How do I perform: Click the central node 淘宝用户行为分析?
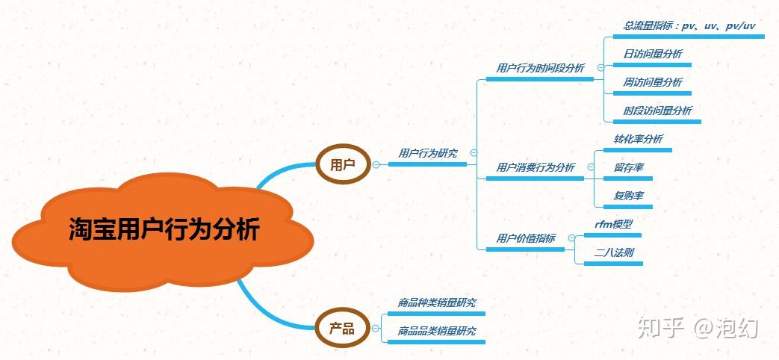(164, 229)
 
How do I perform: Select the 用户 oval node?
(343, 164)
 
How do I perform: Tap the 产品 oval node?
(343, 328)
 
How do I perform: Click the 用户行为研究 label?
(428, 153)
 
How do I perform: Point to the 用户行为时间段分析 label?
(540, 68)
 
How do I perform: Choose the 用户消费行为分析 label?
(536, 167)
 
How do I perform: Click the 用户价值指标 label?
(526, 238)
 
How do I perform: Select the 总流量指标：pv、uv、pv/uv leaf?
(689, 25)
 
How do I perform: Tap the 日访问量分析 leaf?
(653, 54)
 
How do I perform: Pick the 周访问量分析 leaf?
(653, 82)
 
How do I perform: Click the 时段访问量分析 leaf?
(657, 111)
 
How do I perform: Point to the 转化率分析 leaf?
(638, 139)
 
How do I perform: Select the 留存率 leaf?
(629, 167)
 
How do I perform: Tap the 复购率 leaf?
(629, 196)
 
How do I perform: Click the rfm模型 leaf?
(613, 224)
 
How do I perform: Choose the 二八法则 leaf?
(613, 252)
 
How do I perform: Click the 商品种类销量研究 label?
(437, 302)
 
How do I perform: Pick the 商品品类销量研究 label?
(437, 331)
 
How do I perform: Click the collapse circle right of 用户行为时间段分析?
(600, 68)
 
